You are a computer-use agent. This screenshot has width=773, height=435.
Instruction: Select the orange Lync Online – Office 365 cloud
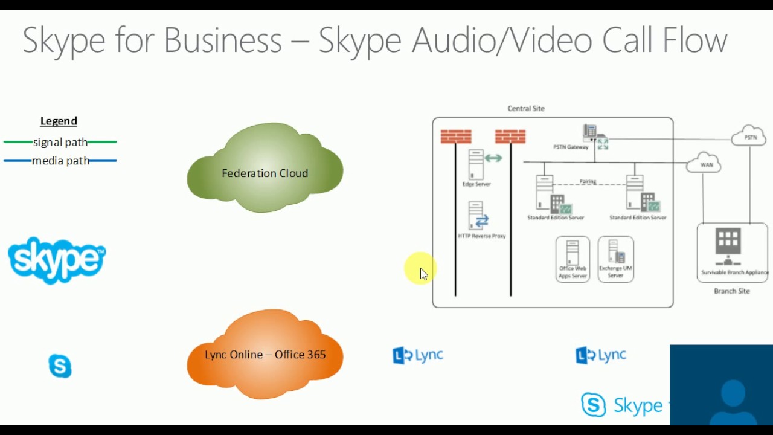click(x=265, y=355)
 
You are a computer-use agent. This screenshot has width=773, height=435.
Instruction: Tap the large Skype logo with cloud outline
click(x=57, y=260)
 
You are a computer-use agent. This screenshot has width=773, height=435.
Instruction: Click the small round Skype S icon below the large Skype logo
click(x=60, y=366)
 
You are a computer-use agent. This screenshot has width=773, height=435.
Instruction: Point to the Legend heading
click(x=59, y=121)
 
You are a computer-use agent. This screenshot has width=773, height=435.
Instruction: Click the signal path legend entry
click(x=60, y=143)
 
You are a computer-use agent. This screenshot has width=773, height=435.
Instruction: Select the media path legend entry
click(x=60, y=161)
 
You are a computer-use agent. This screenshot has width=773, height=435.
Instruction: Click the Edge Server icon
click(x=476, y=164)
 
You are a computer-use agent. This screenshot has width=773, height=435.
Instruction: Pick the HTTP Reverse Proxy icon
click(x=477, y=216)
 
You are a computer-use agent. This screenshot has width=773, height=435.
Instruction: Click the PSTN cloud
click(x=749, y=137)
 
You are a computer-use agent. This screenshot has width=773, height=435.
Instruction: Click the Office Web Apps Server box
click(x=573, y=259)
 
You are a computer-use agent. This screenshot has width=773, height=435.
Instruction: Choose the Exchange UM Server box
click(x=615, y=259)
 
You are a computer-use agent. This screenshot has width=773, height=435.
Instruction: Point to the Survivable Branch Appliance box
click(x=732, y=252)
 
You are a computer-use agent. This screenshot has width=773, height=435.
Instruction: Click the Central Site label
click(x=526, y=109)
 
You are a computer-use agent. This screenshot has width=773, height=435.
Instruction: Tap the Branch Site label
click(x=731, y=291)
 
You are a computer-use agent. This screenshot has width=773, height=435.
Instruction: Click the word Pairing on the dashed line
click(x=588, y=181)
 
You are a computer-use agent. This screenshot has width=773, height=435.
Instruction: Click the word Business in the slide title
click(x=223, y=40)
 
